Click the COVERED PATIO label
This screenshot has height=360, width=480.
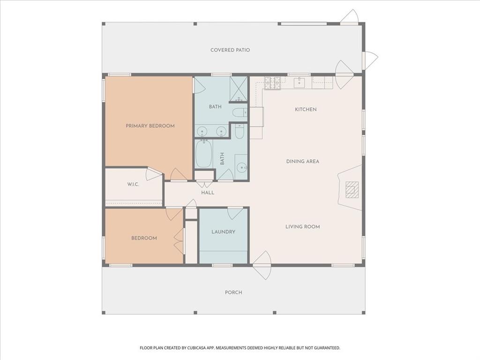click(x=230, y=50)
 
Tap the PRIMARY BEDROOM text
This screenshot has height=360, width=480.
click(x=150, y=126)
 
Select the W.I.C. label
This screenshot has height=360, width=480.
click(x=133, y=185)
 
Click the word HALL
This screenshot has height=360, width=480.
click(x=208, y=193)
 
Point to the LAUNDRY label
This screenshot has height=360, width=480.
click(x=223, y=232)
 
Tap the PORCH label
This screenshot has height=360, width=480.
click(x=233, y=292)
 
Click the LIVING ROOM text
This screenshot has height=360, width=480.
click(x=302, y=227)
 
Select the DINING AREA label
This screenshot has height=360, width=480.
click(x=302, y=162)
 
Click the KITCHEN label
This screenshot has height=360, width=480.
click(x=306, y=110)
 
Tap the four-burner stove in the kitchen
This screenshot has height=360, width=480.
click(x=272, y=83)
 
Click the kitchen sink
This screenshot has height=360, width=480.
click(x=299, y=83)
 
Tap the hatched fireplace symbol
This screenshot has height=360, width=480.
click(x=351, y=189)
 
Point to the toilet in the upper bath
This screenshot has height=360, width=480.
click(x=240, y=112)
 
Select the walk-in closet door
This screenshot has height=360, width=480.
click(x=154, y=173)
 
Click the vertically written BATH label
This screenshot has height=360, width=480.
click(x=222, y=159)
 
